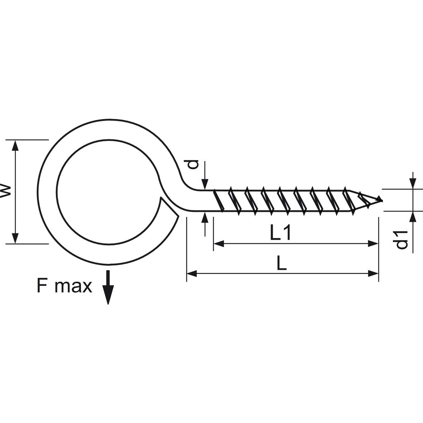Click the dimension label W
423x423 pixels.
[5, 191]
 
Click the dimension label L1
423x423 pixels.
[281, 234]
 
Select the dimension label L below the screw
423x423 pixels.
[282, 264]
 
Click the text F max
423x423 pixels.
[64, 286]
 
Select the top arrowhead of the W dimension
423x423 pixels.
[15, 145]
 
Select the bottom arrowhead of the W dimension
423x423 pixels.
[15, 238]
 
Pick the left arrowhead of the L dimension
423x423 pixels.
[192, 273]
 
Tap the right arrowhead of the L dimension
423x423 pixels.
[373, 273]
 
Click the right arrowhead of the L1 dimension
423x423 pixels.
[373, 244]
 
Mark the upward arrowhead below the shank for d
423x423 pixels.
[205, 217]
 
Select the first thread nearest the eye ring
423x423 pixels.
[219, 201]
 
